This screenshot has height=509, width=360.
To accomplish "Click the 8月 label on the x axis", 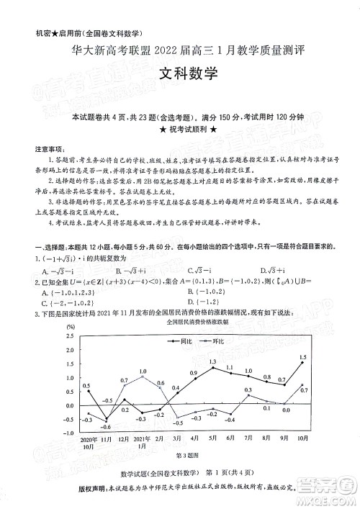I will (x=266, y=438).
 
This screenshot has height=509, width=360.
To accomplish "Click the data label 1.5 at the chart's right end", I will (x=302, y=358).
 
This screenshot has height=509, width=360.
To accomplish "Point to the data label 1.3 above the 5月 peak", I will (x=213, y=361).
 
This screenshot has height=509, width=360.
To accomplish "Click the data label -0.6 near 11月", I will (x=87, y=419).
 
